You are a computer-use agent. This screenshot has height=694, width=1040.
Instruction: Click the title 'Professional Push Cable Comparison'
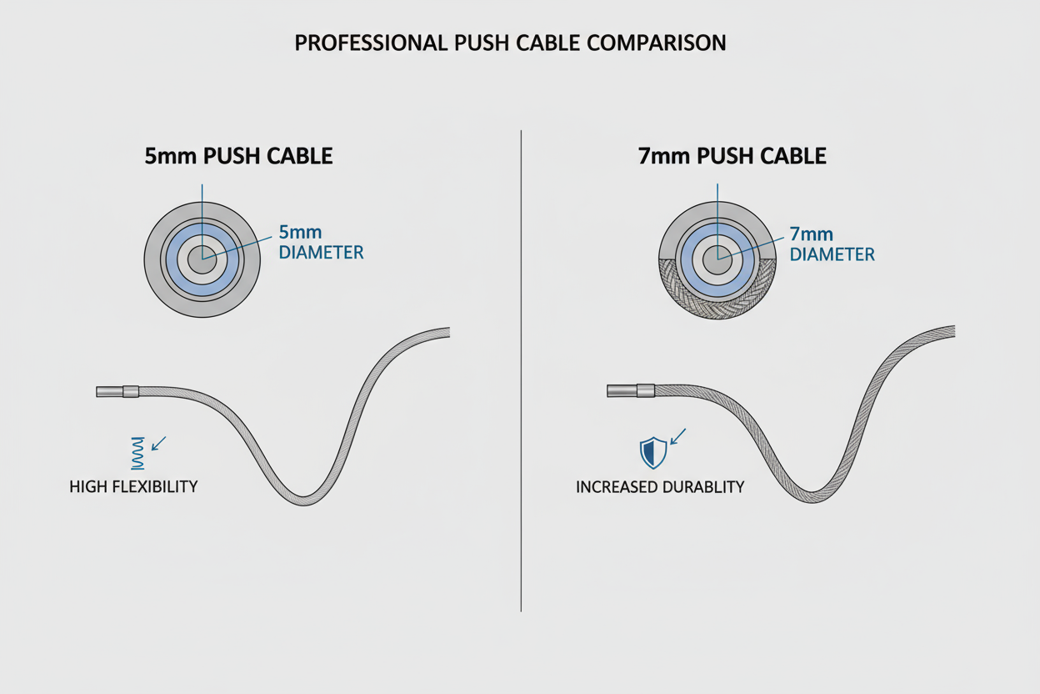point(510,43)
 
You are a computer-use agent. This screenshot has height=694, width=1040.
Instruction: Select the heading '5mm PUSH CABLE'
point(238,156)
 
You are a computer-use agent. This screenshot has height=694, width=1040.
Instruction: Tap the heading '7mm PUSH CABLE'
point(732,156)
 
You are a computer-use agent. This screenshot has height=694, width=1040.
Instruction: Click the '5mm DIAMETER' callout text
point(321,242)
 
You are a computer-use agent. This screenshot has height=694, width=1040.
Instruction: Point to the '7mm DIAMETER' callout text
point(832,244)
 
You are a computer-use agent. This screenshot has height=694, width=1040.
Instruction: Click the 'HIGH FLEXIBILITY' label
point(133,485)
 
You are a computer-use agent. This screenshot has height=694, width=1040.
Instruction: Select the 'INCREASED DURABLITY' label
point(660,486)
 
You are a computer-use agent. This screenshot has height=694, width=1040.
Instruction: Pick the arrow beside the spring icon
point(158,443)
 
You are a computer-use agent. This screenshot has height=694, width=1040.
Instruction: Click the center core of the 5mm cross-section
point(202,259)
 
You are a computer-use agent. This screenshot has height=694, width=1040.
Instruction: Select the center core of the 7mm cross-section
point(717,261)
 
